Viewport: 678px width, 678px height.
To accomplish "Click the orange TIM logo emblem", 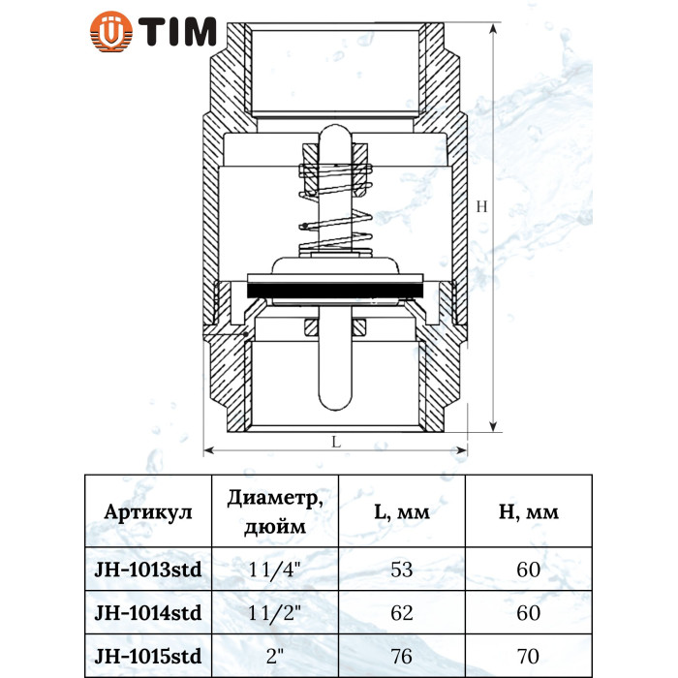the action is [111, 32].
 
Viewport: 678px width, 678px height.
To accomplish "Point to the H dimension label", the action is [481, 206].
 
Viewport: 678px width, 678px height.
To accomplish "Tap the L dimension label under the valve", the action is [336, 442].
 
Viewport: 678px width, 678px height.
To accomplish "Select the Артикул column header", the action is [148, 512].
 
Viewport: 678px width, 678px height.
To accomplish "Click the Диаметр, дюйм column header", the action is [275, 512].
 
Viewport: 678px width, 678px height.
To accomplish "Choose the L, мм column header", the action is [402, 512].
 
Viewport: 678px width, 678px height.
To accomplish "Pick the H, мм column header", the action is [529, 512].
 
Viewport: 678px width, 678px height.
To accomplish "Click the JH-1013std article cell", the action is [148, 570].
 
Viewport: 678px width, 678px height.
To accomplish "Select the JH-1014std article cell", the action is [148, 613].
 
